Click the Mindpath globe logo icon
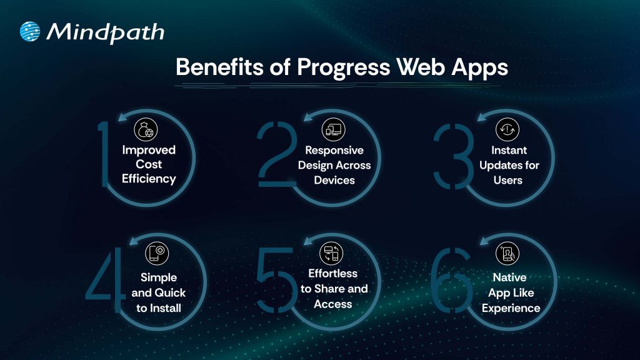click(x=30, y=31)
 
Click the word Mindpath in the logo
click(x=105, y=32)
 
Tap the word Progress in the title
click(x=343, y=67)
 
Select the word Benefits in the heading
click(x=219, y=67)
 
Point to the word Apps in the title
click(x=479, y=67)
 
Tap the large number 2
click(x=277, y=154)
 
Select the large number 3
click(x=454, y=156)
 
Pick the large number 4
click(x=105, y=280)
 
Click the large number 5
click(x=277, y=280)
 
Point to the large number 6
click(x=451, y=280)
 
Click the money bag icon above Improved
click(x=146, y=129)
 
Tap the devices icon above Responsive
click(x=334, y=129)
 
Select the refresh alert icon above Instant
click(x=507, y=129)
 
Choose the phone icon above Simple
click(x=157, y=253)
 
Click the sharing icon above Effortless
click(x=331, y=253)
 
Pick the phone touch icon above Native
click(x=507, y=253)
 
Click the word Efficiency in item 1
click(x=149, y=179)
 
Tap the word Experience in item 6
click(x=511, y=308)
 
